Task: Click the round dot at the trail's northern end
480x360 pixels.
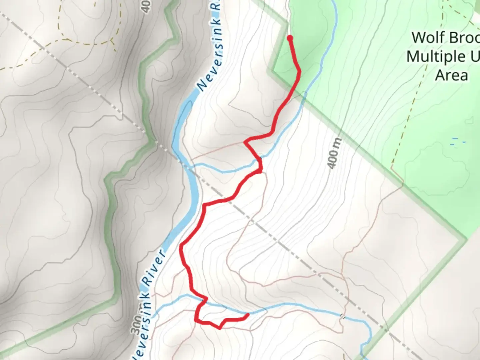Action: pyautogui.click(x=290, y=38)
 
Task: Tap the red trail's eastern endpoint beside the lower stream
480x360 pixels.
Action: pyautogui.click(x=248, y=315)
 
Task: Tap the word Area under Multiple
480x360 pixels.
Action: pyautogui.click(x=451, y=75)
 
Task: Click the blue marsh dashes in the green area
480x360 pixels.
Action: pyautogui.click(x=457, y=142)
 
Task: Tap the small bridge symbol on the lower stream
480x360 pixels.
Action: pyautogui.click(x=342, y=316)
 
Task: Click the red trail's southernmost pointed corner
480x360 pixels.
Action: pyautogui.click(x=219, y=328)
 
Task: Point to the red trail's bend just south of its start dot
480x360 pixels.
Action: pyautogui.click(x=299, y=71)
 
